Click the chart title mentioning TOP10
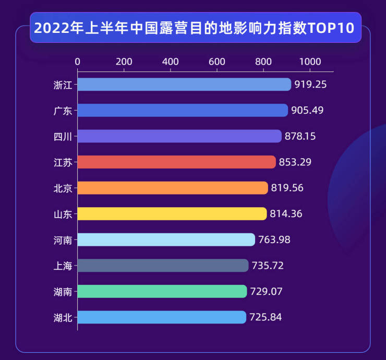point(194,27)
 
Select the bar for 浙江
point(184,85)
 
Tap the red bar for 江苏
point(176,162)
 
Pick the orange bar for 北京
point(173,188)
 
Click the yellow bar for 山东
point(172,214)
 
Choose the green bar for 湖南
point(162,291)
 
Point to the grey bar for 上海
point(163,266)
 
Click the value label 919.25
point(310,85)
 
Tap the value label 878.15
point(300,136)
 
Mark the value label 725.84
point(266,317)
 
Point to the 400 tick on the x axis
point(171,62)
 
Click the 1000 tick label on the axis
point(310,62)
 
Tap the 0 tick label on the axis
point(78,62)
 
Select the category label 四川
point(63,137)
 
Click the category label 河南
point(63,240)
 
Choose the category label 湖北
point(63,317)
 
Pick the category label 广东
point(63,111)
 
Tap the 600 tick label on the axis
point(217,62)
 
